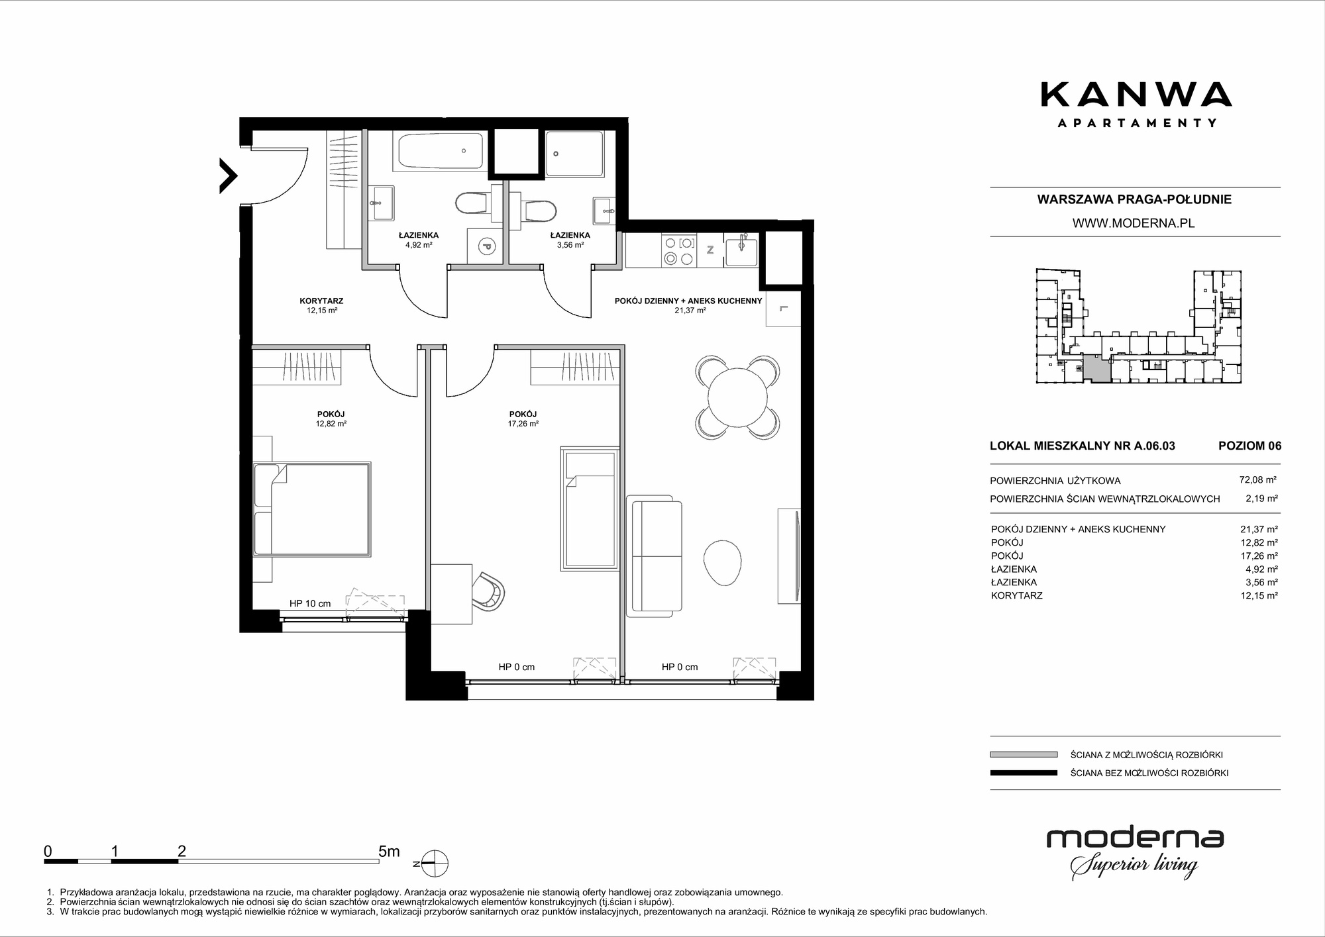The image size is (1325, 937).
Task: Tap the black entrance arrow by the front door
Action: [229, 175]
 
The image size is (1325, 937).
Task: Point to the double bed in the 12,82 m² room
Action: [311, 509]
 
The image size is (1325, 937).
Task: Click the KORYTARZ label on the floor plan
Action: [321, 301]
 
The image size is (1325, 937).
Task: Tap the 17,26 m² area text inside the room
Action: [523, 424]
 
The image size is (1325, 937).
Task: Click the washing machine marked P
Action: [485, 246]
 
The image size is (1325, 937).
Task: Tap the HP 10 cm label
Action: [310, 603]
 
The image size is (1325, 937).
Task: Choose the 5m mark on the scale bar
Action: [389, 852]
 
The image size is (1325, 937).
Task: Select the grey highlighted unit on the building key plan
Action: [1097, 368]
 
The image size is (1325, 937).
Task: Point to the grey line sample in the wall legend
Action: [1024, 754]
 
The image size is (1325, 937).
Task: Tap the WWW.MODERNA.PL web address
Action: [1134, 223]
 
